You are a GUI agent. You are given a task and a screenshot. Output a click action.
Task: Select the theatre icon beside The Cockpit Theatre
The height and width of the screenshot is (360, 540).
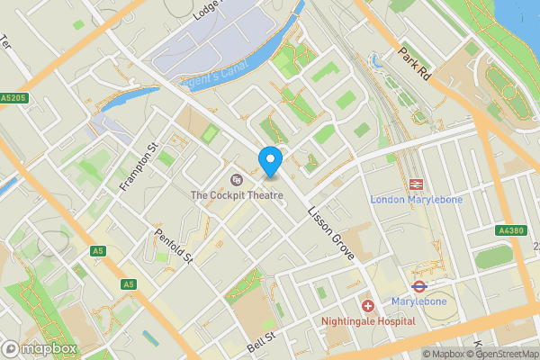click(x=237, y=179)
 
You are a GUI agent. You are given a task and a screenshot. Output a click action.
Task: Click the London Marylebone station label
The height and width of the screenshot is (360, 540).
click(x=416, y=200)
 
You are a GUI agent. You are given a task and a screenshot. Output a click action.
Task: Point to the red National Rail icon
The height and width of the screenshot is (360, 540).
click(x=416, y=184)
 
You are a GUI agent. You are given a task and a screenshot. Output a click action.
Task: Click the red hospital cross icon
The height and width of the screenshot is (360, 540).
click(x=368, y=306)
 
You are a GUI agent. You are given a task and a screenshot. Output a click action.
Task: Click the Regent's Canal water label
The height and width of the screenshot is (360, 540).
click(x=214, y=58)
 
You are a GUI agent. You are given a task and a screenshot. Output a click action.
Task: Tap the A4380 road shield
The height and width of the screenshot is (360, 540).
click(x=512, y=230)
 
